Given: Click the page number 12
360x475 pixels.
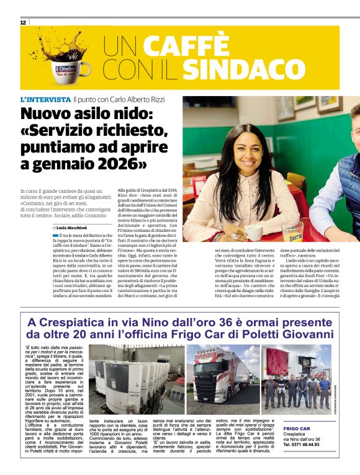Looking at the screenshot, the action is click(x=23, y=22).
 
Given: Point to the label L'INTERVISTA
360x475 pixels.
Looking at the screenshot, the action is click(x=45, y=99).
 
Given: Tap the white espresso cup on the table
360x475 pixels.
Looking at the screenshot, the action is click(x=254, y=231).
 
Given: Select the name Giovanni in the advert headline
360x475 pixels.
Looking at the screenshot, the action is click(x=308, y=335).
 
